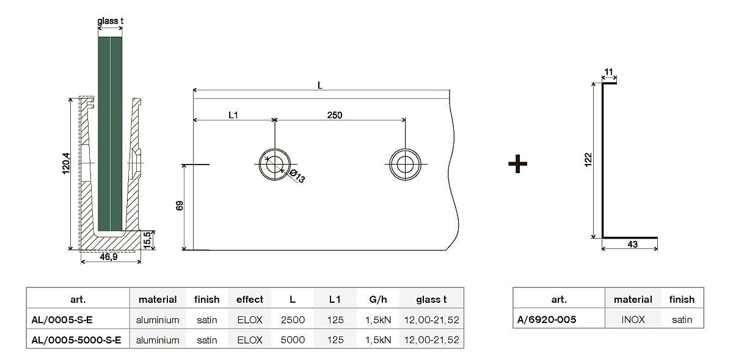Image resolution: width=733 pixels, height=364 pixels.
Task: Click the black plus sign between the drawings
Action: [517, 163]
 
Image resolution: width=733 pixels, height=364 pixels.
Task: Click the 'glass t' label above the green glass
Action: [111, 21]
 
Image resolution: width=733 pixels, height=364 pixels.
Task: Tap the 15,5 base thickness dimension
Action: [147, 239]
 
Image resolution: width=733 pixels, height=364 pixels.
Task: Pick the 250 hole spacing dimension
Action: [334, 114]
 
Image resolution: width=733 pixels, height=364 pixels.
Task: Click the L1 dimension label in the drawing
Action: [233, 114]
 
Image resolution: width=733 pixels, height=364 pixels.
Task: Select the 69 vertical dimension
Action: [180, 206]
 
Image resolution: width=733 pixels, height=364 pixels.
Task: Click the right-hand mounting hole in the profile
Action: [405, 164]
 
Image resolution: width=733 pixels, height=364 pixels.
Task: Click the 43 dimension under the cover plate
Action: [632, 245]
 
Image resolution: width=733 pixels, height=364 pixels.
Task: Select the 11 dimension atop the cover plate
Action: [609, 72]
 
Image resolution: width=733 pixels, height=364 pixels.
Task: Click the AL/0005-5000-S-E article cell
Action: [76, 340]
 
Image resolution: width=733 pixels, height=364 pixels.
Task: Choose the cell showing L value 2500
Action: [293, 319]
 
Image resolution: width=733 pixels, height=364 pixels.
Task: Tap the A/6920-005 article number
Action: [547, 319]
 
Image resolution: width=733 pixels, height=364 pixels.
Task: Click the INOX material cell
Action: [633, 319]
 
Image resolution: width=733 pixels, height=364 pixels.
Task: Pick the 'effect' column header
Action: [249, 299]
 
